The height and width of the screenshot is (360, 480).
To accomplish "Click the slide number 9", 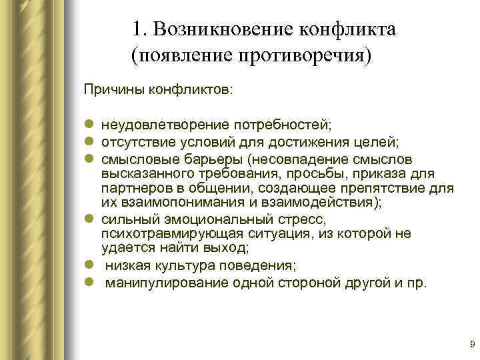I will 472,344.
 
